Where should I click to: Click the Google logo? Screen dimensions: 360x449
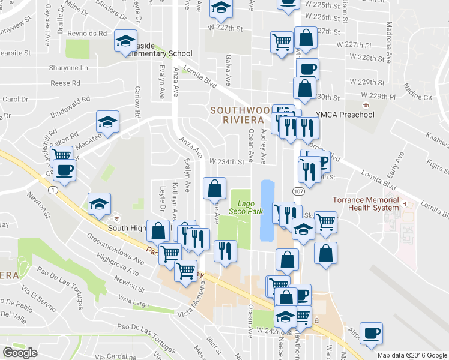coord(20,353)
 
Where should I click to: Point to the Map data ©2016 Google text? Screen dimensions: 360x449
coord(412,355)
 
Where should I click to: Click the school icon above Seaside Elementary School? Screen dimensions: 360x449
coord(125,41)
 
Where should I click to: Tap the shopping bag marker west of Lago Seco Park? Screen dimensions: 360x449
coord(214,188)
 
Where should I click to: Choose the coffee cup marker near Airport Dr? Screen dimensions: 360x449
coord(371,334)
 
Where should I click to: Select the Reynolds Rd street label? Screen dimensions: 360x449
coord(87,34)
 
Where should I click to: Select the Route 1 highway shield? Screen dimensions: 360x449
coord(53,190)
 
